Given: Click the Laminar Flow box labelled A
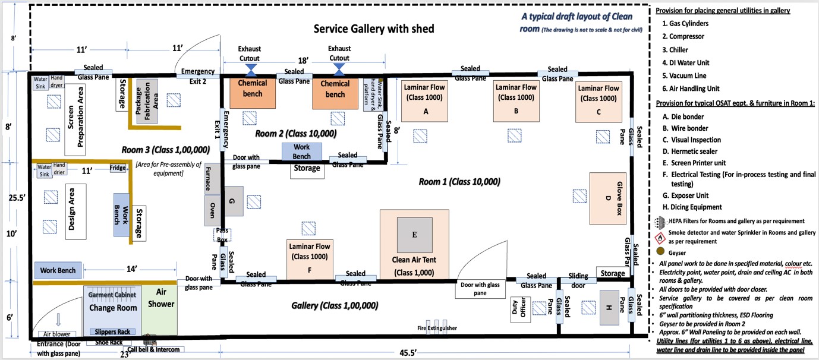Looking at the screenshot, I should (426, 99).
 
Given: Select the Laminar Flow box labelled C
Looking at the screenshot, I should (598, 99).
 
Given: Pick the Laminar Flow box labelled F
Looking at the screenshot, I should (310, 258).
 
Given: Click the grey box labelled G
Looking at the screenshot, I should (232, 202).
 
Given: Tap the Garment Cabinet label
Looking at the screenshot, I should (112, 295).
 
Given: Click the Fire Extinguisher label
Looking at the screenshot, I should (437, 328).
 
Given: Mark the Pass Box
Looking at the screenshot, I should (222, 234).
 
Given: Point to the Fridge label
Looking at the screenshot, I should (118, 168).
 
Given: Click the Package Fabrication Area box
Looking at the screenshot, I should (147, 101).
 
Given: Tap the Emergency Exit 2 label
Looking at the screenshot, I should (194, 76).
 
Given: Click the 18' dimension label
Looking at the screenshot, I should (303, 61).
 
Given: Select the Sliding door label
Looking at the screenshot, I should (578, 280).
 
